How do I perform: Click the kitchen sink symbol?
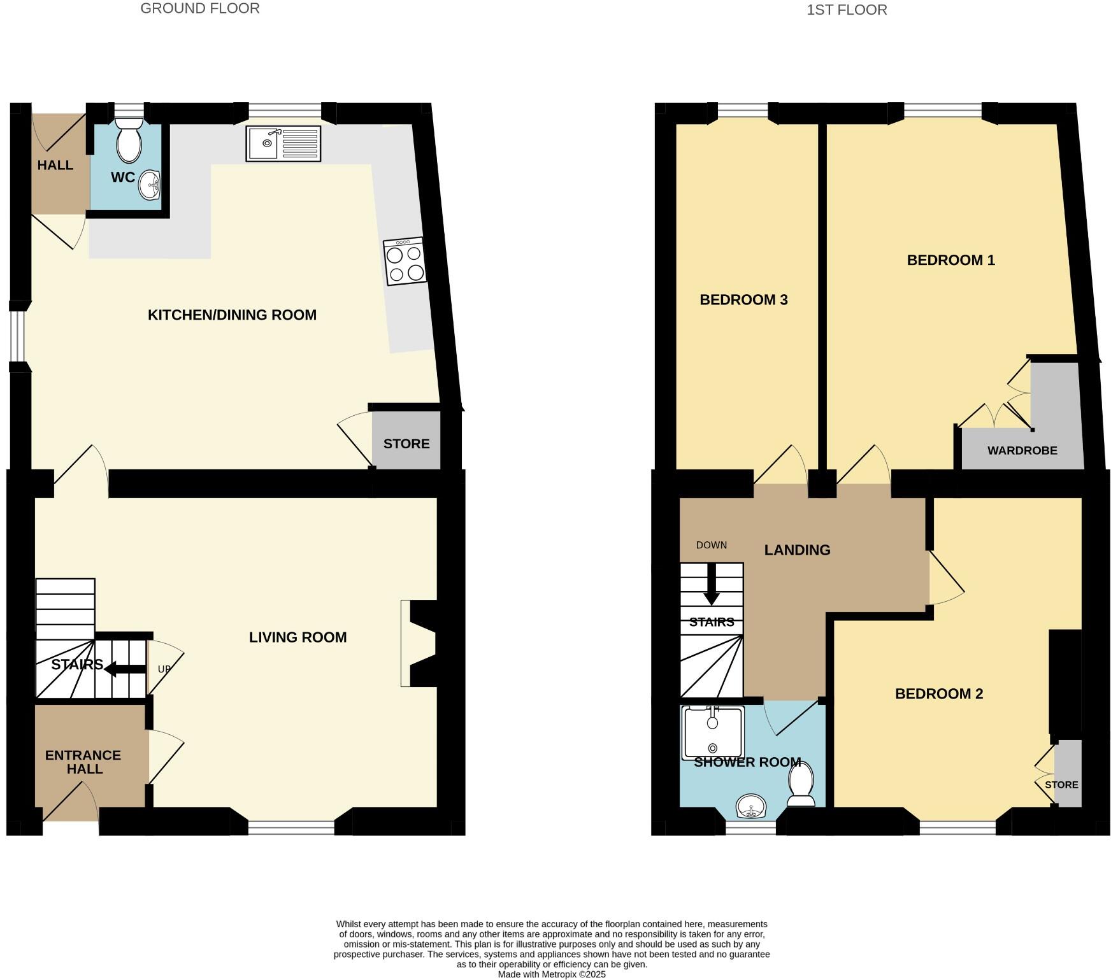coord(283,143)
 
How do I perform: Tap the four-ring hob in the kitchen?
coord(405,261)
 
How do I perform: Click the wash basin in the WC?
coord(150,185)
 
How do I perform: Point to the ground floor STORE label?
coord(406,444)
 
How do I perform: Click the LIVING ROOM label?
coord(297,637)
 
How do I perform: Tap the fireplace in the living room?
coord(417,643)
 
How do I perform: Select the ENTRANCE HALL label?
coord(83,762)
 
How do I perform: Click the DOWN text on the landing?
coord(711,545)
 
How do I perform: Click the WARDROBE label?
coord(1022,451)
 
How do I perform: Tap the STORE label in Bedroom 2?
coord(1061,785)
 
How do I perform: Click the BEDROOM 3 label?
coord(743,300)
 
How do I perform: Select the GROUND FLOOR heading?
coord(199,9)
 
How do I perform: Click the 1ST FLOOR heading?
coord(847,10)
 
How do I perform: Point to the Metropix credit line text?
coord(551,974)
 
